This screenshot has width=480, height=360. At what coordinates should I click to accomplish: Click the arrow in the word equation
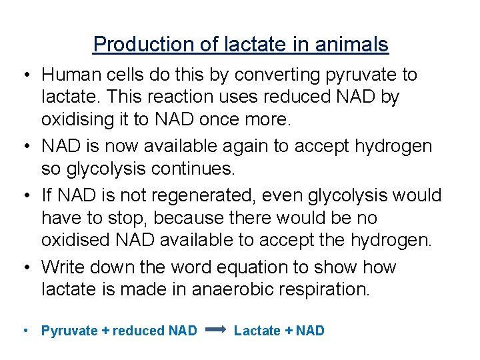(216, 330)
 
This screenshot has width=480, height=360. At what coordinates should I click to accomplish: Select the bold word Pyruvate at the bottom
(69, 331)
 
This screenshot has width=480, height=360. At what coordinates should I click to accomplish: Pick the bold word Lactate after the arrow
(257, 331)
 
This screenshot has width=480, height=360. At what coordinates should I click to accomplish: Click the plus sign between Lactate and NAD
(289, 331)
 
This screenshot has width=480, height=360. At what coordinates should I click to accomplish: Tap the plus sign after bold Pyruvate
(105, 331)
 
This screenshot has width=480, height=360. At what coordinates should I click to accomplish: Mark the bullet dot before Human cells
(24, 75)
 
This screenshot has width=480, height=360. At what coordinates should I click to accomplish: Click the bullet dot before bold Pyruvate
(24, 331)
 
